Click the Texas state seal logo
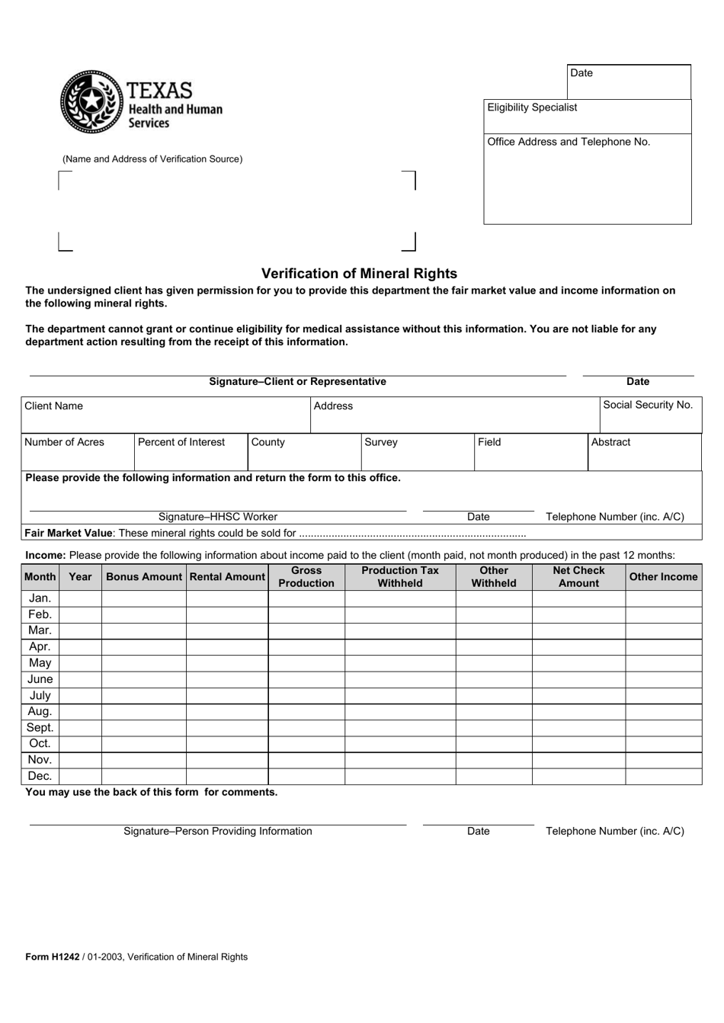tap(91, 102)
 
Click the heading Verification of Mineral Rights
tap(359, 274)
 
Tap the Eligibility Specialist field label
tap(532, 107)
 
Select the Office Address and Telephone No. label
tap(569, 142)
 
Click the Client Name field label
tap(53, 406)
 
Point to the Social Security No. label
tap(647, 405)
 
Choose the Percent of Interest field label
tap(181, 442)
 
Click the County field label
tap(267, 442)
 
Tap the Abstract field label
tap(610, 442)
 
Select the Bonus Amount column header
tap(144, 577)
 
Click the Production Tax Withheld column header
tap(400, 577)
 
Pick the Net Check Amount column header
tap(578, 577)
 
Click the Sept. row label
tap(40, 728)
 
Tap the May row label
tap(40, 663)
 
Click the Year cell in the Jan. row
tap(80, 599)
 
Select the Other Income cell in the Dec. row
tap(663, 777)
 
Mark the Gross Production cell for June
tap(306, 680)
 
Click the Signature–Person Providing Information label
tap(218, 832)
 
